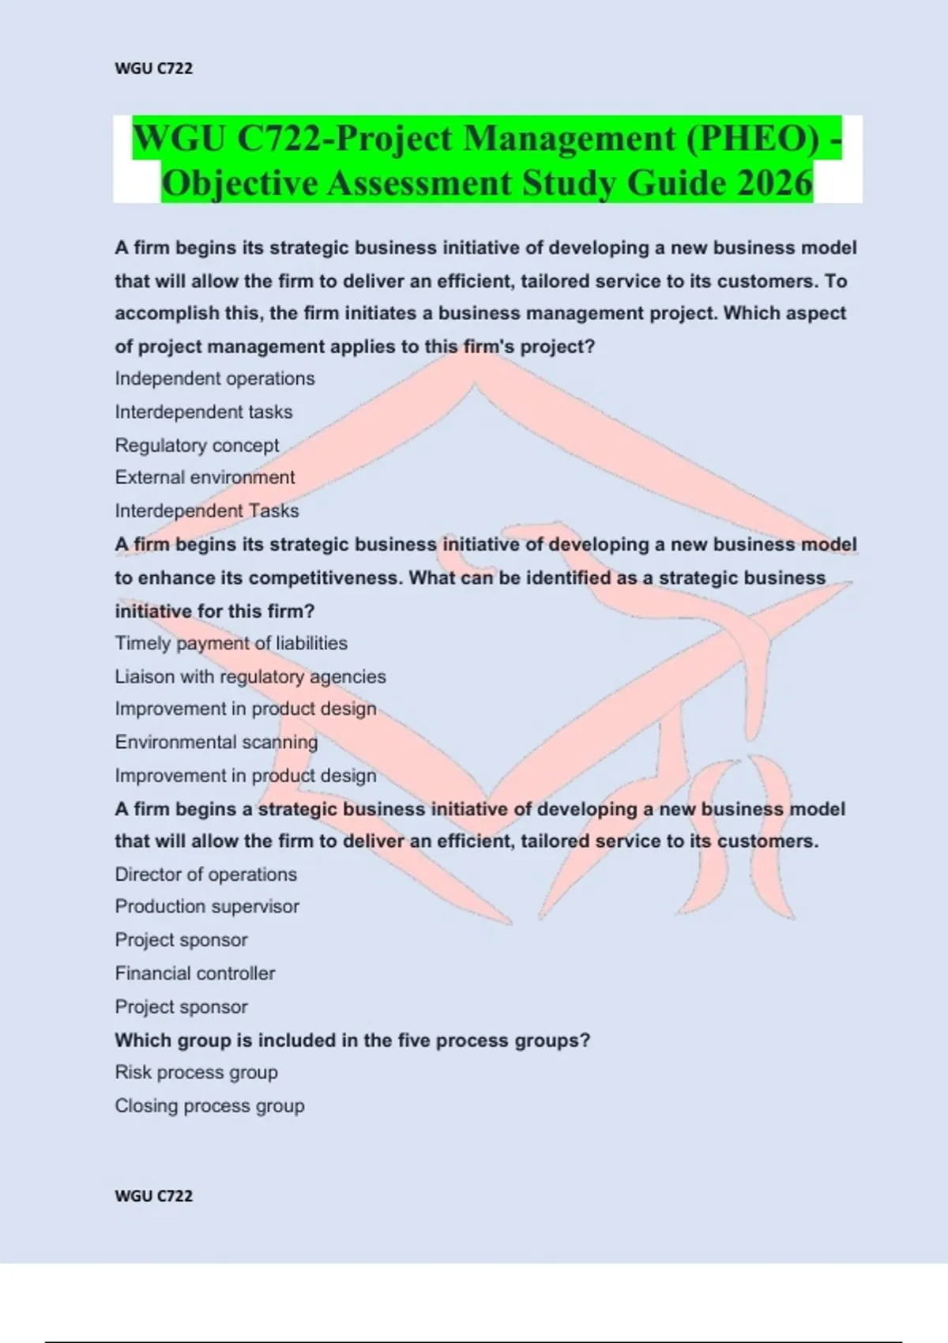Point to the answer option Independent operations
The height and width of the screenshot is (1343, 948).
point(215,378)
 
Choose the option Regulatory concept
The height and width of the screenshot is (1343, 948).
point(197,446)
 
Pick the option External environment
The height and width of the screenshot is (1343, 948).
point(205,477)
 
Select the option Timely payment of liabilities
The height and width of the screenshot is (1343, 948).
point(231,643)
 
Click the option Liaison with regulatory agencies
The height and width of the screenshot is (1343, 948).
point(250,676)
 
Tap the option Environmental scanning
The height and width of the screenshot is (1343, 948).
point(216,742)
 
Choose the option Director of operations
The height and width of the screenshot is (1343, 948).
point(205,875)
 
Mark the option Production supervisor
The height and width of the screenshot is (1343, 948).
point(207,906)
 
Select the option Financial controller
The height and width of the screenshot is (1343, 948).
point(195,973)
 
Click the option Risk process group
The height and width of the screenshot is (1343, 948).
point(196,1072)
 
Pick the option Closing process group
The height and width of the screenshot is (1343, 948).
point(209,1106)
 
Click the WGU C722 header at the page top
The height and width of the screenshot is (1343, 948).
point(153,69)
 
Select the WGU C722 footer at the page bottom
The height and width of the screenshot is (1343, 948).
point(153,1196)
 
